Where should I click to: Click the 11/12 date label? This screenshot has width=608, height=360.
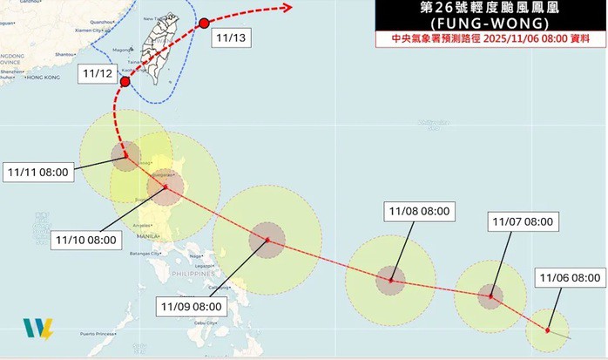[x=96, y=74]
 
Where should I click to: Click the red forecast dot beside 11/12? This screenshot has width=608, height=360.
[x=125, y=82]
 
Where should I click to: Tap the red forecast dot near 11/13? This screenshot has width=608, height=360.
[x=204, y=23]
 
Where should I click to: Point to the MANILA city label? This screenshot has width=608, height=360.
[x=146, y=236]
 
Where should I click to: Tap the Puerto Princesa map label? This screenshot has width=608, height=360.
[x=98, y=334]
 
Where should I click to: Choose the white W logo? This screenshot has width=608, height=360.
[x=37, y=329]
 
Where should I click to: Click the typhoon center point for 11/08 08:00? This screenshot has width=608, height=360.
[x=391, y=281]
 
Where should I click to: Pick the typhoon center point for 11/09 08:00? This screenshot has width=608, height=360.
[x=267, y=240]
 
